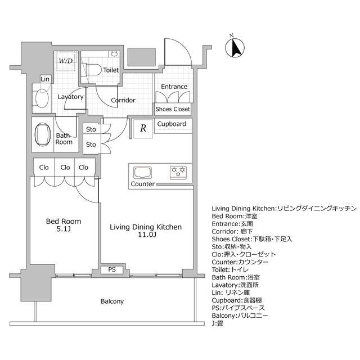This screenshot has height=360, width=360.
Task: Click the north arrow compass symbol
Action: (236, 47)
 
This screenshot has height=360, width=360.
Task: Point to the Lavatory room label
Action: (71, 97)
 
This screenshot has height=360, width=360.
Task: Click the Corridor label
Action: (123, 100)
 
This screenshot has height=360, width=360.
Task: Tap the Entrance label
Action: (174, 87)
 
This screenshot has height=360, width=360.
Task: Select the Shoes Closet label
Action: (173, 109)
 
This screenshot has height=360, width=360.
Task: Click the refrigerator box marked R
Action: (143, 128)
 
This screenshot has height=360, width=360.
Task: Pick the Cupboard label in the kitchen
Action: (172, 124)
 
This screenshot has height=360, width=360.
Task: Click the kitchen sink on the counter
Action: (142, 171)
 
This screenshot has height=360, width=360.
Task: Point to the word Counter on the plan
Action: (143, 184)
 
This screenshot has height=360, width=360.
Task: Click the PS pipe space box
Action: (112, 270)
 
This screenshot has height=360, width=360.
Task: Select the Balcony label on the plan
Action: (112, 301)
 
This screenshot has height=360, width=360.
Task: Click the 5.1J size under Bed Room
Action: (64, 229)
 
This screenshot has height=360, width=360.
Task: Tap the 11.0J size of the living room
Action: (145, 236)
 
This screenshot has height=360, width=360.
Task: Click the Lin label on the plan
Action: (45, 79)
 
